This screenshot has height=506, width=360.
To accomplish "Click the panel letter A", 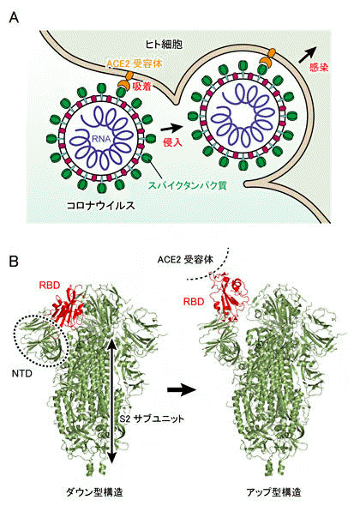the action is coord(14,18).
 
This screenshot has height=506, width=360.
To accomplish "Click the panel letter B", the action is coord(14,261).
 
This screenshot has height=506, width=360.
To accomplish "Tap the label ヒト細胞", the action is coord(164,45).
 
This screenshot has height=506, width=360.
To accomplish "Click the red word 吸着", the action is coord(142,86).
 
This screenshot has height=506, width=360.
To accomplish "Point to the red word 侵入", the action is coord(173,142).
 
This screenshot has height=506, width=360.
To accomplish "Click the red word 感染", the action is coord(319,67).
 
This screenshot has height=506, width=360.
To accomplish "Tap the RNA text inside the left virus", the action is coord(101,139).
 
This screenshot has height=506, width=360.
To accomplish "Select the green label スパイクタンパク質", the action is coord(187,185).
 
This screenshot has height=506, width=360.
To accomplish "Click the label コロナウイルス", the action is coord(100,206).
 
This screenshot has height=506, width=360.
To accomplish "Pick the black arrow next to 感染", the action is coord(308,55).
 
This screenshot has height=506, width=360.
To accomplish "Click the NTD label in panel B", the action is coord(22,374).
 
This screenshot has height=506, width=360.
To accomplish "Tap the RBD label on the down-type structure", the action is coord(50,286).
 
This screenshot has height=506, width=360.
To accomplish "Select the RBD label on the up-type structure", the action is coord(194,302).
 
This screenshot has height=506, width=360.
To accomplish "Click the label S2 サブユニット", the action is coord(152,419).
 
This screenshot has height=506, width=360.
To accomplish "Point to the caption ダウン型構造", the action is coord(94,492).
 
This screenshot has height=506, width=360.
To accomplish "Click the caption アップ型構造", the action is coord(273,492).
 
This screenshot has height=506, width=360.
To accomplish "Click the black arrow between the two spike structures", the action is coord(182,390).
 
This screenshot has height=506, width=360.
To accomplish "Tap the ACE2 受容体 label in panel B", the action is coord(185,260).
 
